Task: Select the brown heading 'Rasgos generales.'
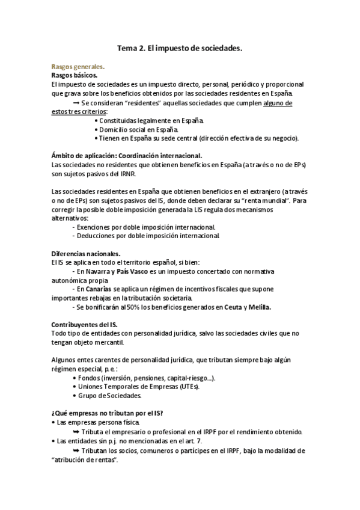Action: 78,68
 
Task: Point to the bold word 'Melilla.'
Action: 259,307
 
